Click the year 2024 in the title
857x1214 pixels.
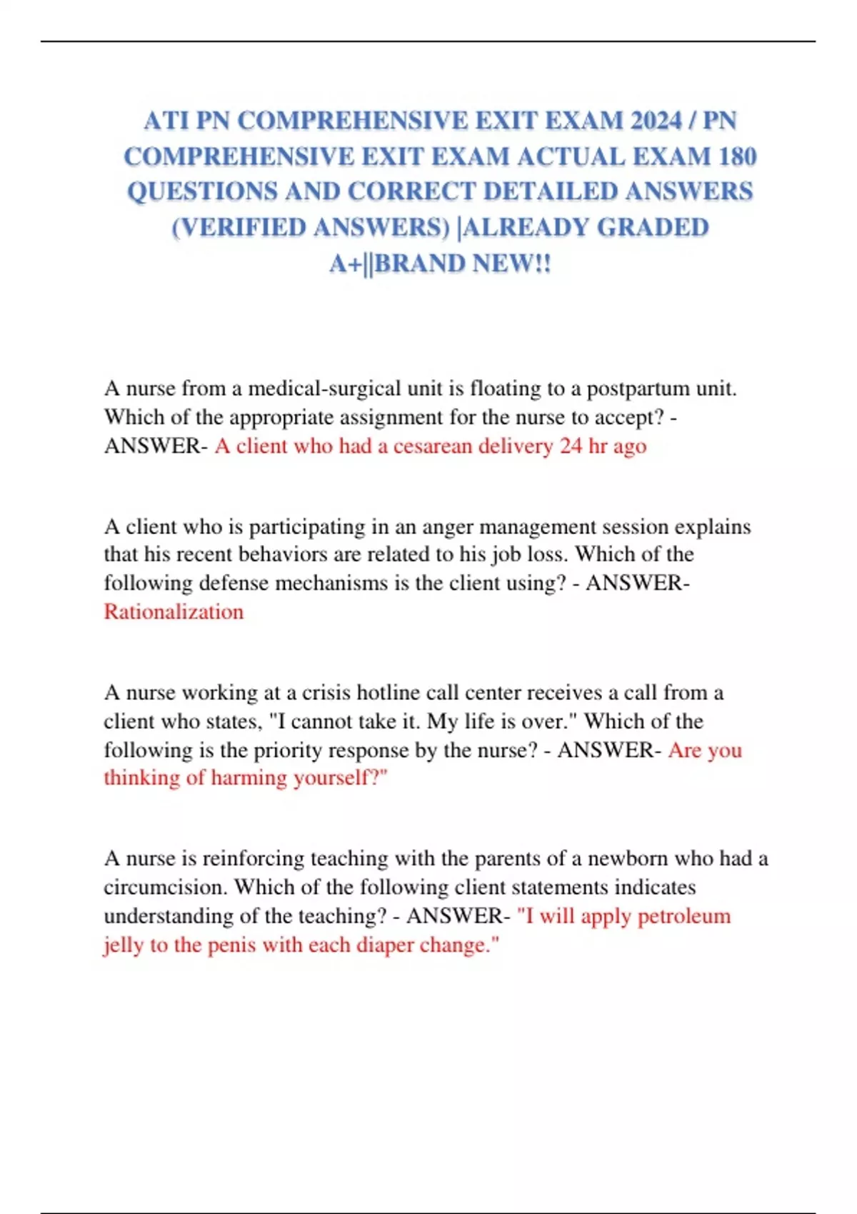tap(656, 120)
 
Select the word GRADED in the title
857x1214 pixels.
tap(653, 227)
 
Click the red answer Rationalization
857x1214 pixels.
tap(174, 612)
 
